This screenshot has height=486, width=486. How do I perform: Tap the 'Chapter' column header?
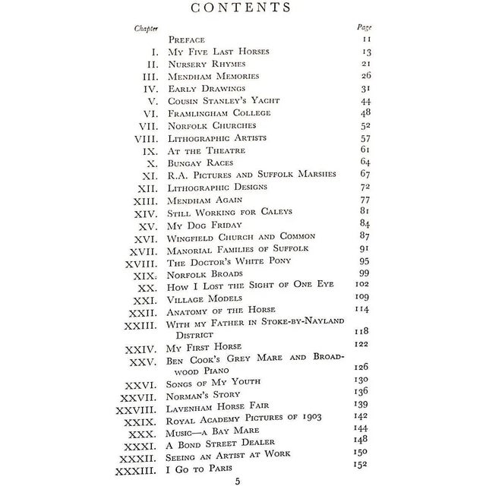tap(146, 27)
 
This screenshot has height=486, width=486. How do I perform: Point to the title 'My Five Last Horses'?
tap(219, 52)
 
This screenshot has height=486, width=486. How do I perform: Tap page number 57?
tap(364, 138)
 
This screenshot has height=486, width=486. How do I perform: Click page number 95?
tap(364, 261)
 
